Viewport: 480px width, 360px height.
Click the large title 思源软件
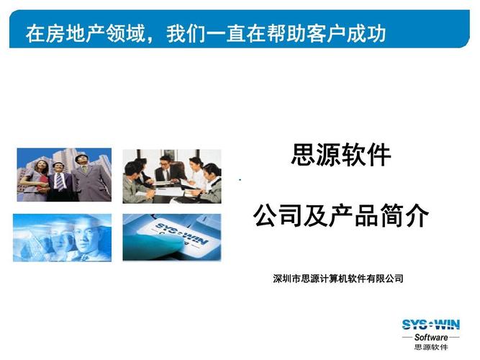point(340,155)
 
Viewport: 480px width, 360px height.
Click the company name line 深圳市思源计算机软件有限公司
point(338,279)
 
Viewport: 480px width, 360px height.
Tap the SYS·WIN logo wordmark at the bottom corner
point(430,325)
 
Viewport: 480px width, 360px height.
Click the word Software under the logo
point(430,337)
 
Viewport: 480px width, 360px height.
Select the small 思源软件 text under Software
point(430,348)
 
